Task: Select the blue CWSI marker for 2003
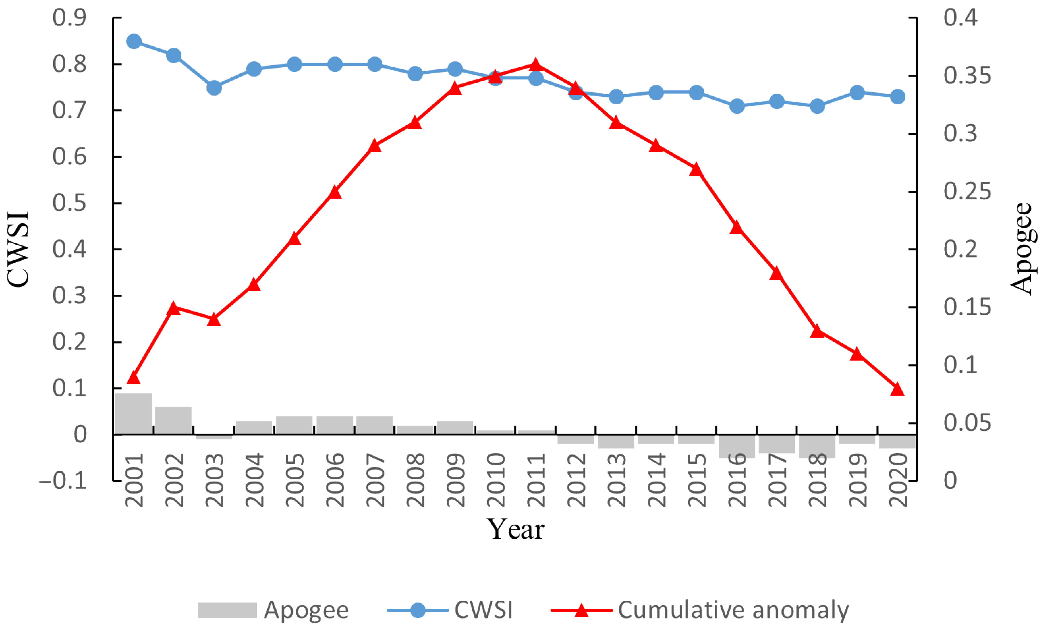point(214,88)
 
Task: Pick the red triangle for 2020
point(897,389)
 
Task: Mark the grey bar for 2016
point(737,446)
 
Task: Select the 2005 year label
point(295,480)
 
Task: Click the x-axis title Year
point(515,529)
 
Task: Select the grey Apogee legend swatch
point(227,610)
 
